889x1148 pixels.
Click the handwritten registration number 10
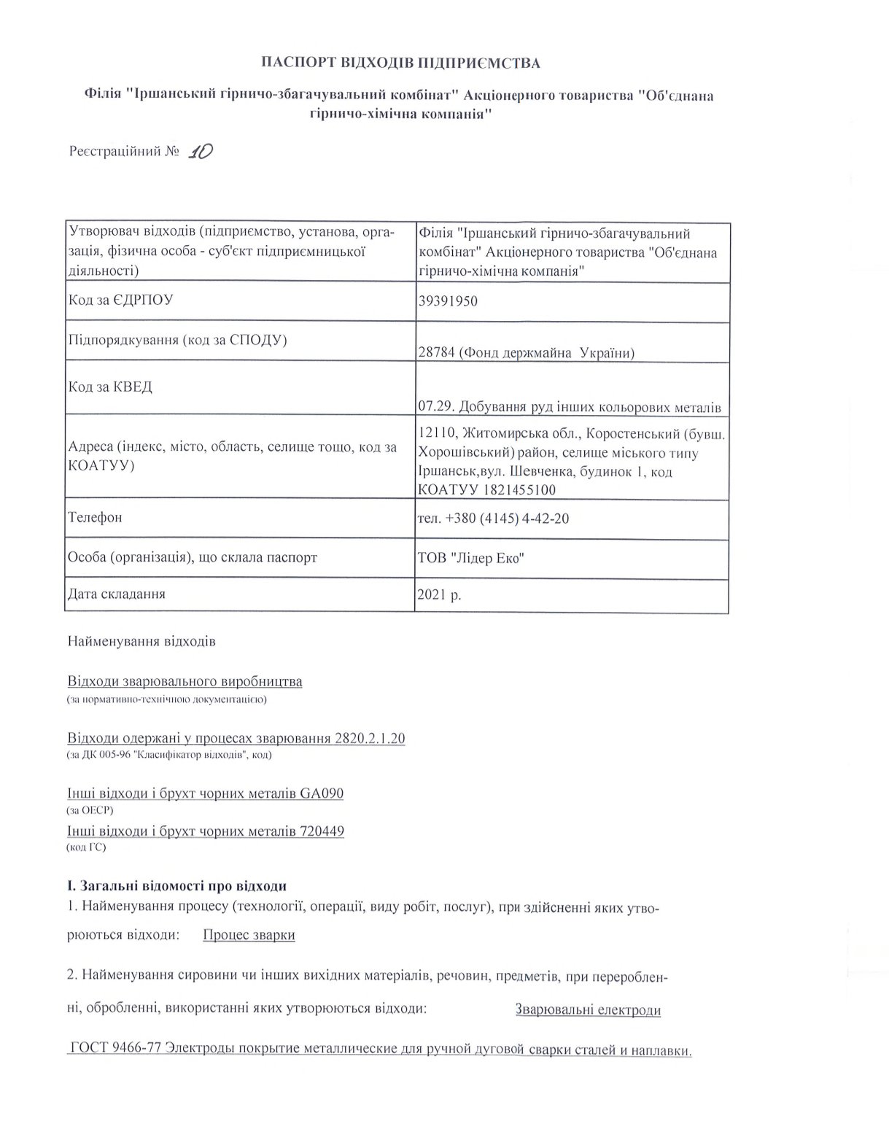199,151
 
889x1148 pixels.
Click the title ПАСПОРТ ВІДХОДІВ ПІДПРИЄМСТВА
401,63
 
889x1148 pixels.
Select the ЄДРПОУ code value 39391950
448,301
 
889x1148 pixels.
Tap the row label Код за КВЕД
110,387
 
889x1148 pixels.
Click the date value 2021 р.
439,594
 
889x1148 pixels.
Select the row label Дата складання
116,594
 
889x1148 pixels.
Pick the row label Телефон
95,518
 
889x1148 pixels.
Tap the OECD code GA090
322,794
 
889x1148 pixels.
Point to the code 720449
322,831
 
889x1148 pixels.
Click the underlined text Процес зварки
249,935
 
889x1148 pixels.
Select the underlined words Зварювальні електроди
588,1010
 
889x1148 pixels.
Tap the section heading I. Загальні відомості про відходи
176,886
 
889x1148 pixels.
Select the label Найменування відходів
141,643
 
